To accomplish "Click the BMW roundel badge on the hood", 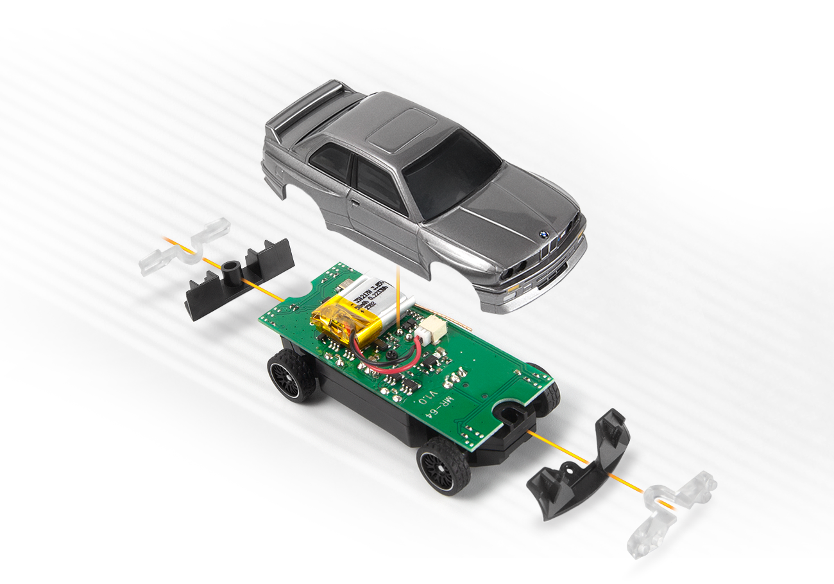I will [543, 236].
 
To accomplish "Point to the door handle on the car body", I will [355, 205].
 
